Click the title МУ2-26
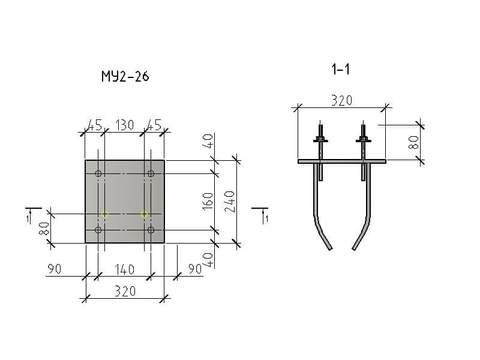click(125, 76)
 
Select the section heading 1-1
click(340, 69)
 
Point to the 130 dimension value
click(124, 125)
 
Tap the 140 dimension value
click(124, 269)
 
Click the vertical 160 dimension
click(208, 201)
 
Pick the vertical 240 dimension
click(230, 202)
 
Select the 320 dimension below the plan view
click(125, 291)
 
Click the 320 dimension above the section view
click(341, 100)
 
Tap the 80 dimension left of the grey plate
click(44, 229)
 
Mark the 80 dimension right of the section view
click(413, 142)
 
